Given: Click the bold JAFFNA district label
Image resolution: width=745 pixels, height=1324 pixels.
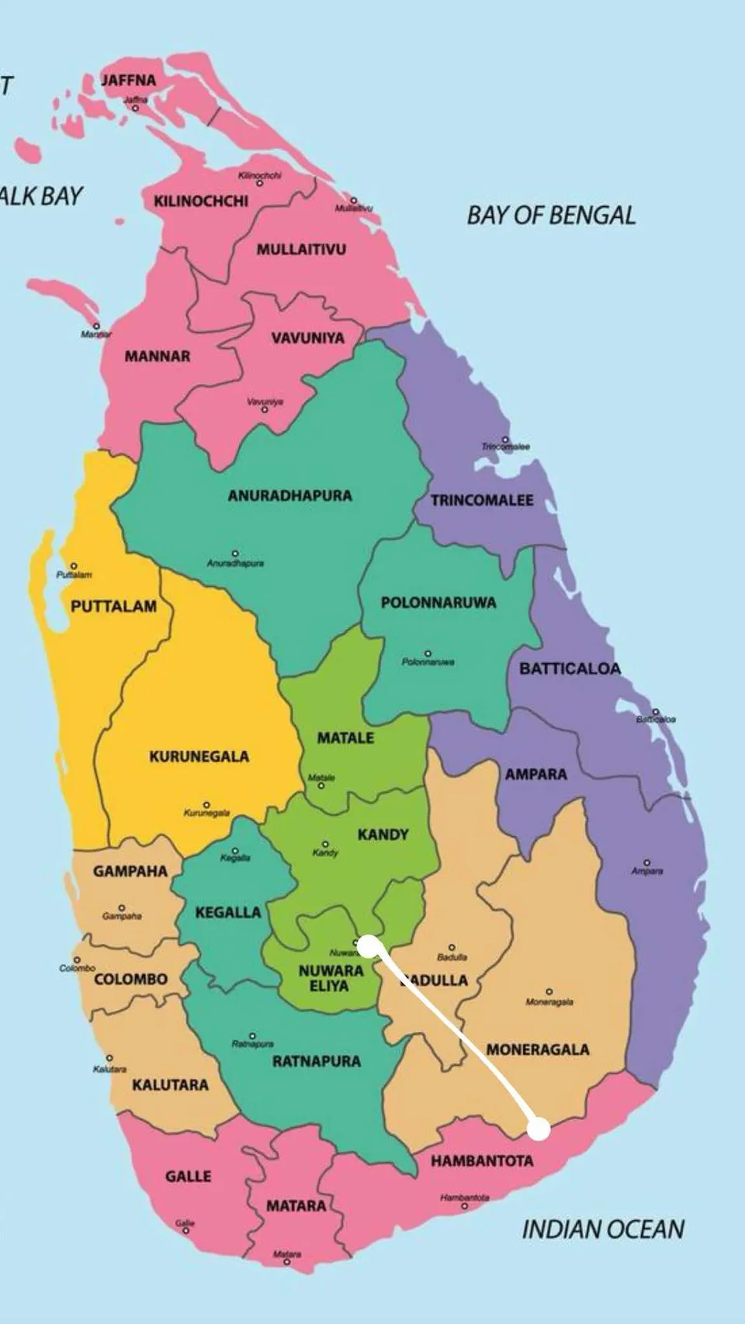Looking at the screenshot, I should click(x=128, y=80).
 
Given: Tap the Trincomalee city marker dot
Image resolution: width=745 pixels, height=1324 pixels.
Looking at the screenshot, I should click(x=505, y=439).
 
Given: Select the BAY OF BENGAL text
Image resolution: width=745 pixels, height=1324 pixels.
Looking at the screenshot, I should click(x=551, y=215).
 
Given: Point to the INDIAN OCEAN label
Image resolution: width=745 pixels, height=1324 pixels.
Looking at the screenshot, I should click(x=603, y=1229).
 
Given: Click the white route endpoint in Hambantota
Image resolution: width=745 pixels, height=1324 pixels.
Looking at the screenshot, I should click(x=539, y=1129).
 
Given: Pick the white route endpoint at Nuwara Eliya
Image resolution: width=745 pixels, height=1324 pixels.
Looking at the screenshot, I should click(x=367, y=944).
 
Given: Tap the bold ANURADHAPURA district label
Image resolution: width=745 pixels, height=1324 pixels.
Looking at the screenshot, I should click(x=289, y=496).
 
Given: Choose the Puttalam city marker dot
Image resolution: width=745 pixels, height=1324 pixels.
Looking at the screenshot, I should click(x=74, y=566).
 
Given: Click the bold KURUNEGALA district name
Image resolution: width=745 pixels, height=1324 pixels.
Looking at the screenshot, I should click(x=199, y=756).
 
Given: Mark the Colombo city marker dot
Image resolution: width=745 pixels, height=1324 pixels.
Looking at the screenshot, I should click(x=77, y=960).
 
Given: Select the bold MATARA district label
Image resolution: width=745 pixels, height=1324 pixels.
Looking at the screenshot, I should click(x=296, y=1206).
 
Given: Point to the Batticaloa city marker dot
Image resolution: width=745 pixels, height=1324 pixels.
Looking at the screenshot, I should click(x=656, y=711).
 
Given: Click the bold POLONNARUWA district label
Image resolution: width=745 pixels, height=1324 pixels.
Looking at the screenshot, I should click(x=438, y=603).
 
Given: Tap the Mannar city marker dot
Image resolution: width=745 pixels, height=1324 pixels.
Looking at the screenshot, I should click(x=96, y=326).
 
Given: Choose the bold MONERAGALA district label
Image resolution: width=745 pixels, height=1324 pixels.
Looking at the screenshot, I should click(x=538, y=1049).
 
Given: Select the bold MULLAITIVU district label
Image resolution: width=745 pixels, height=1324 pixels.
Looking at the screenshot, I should click(x=301, y=250).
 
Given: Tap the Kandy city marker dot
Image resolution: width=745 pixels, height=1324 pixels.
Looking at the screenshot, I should click(x=325, y=844).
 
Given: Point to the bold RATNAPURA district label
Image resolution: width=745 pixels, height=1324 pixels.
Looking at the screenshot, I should click(x=317, y=1061).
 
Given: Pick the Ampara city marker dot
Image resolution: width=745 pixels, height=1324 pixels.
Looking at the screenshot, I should click(x=646, y=863).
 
